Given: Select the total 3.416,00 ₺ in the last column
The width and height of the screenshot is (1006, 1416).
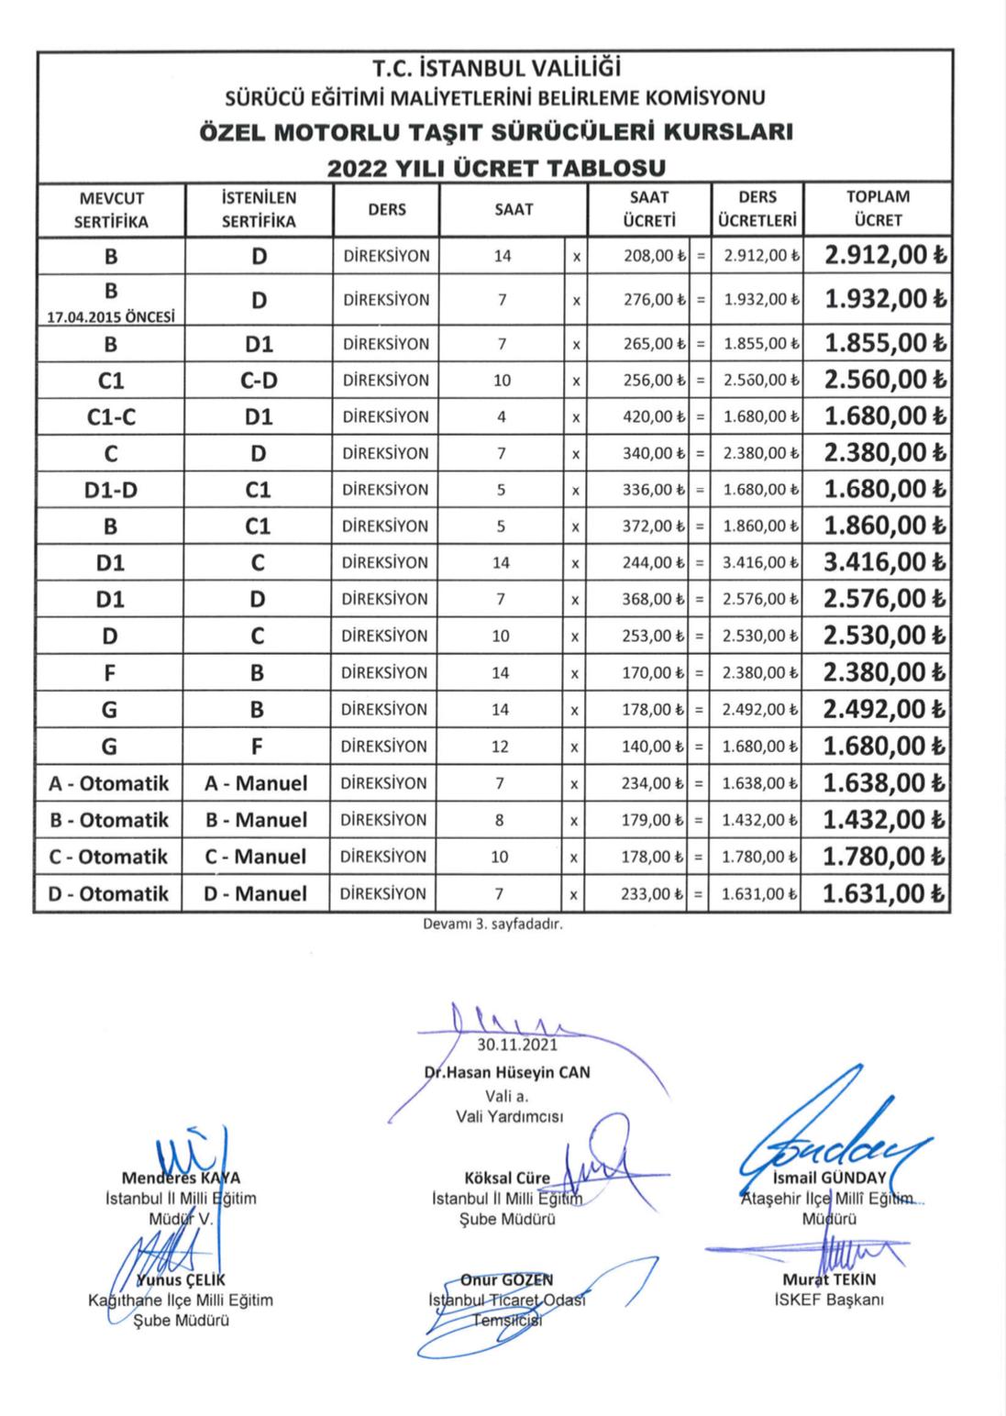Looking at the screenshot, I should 885,562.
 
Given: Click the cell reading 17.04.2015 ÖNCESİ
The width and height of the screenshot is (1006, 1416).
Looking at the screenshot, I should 111,316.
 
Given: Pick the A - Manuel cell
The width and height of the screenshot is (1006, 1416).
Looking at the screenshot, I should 256,783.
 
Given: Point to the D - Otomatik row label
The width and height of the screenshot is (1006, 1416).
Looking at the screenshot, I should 108,893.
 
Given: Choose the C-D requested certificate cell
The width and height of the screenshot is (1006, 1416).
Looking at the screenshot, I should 259,380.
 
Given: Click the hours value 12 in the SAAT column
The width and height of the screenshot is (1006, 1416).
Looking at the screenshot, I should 500,747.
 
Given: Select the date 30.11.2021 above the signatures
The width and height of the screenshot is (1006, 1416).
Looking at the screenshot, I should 517,1044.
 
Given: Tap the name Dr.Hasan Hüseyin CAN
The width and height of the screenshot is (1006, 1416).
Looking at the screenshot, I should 507,1072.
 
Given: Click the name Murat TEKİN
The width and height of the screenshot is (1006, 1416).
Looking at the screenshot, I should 829,1279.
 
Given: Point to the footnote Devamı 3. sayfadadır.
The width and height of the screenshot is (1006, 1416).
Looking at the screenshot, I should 492,924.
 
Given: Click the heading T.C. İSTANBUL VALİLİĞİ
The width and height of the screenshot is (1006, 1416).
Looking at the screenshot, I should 496,69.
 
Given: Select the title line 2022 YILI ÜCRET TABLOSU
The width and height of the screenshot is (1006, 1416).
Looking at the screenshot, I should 496,168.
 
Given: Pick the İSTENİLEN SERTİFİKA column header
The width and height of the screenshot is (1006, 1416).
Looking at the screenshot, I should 259,208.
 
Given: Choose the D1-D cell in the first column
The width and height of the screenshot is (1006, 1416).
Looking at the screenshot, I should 111,490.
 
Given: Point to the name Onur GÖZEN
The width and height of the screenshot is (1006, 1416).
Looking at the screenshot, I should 506,1279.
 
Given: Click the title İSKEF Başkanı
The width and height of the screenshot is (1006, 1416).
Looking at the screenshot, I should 829,1300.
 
